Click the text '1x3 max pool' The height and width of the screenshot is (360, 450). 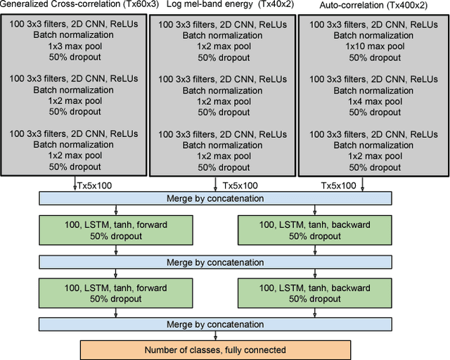click(75, 46)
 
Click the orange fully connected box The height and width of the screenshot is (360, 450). click(215, 349)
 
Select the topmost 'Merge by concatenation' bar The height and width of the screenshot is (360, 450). click(215, 198)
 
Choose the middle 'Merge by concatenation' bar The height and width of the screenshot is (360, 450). click(215, 262)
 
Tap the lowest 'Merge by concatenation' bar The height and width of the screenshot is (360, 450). click(215, 324)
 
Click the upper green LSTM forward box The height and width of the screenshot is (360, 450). click(115, 229)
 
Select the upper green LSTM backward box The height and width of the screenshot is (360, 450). click(315, 229)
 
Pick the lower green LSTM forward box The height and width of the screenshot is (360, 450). click(115, 292)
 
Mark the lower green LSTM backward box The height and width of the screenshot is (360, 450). click(315, 292)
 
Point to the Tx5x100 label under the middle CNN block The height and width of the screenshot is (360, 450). click(240, 186)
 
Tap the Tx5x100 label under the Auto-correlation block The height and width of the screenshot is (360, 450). click(339, 186)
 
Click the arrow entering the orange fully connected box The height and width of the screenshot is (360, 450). click(215, 335)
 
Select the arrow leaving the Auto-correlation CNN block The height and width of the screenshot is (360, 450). click(362, 184)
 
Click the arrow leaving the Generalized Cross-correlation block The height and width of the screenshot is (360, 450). click(75, 184)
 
